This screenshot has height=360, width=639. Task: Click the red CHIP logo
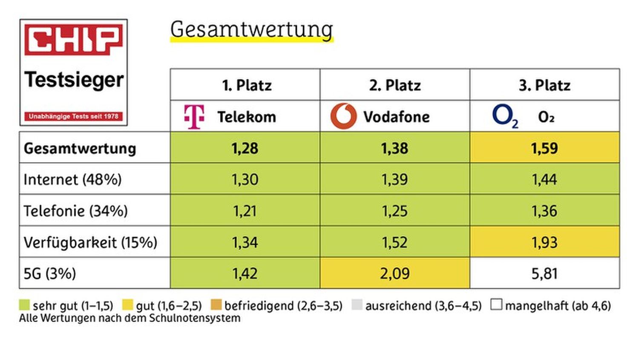click(73, 40)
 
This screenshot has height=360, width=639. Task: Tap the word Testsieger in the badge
click(74, 80)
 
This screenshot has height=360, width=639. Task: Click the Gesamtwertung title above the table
click(251, 30)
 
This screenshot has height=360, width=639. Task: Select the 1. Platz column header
click(246, 85)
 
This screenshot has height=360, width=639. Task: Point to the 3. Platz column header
click(544, 85)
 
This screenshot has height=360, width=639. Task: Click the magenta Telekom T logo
click(194, 116)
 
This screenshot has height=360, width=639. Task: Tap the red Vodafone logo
click(343, 116)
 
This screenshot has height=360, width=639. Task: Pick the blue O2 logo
click(505, 116)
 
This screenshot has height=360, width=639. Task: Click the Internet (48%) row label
click(72, 179)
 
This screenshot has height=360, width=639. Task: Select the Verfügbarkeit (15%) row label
click(90, 242)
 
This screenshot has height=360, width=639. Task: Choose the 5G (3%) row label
click(50, 274)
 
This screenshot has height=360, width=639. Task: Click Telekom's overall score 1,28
click(245, 148)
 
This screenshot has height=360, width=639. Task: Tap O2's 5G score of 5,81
click(544, 274)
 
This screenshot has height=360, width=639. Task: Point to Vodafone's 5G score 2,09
click(394, 274)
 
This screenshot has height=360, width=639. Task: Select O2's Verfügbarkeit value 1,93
click(544, 242)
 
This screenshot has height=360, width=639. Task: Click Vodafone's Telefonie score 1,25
click(394, 211)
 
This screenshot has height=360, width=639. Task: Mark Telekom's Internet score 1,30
click(245, 179)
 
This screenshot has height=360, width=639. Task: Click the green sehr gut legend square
click(25, 305)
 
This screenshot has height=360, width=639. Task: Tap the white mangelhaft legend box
click(496, 305)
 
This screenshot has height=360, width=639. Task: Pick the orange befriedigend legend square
click(216, 305)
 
